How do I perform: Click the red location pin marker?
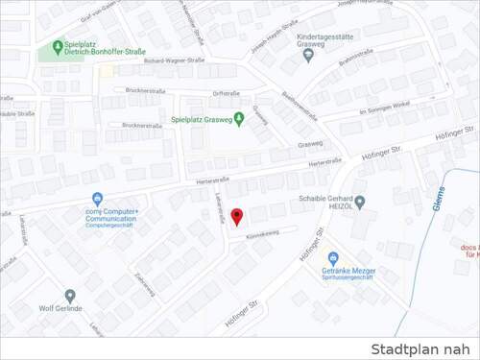[x=237, y=217]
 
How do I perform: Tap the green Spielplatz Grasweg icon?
[x=239, y=118]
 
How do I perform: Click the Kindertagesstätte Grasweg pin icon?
[x=308, y=54]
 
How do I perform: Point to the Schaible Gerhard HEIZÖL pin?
[x=360, y=202]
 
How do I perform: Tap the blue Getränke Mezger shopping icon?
[x=333, y=258]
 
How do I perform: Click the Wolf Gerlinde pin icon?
[x=70, y=296]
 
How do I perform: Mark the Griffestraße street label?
[x=226, y=93]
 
